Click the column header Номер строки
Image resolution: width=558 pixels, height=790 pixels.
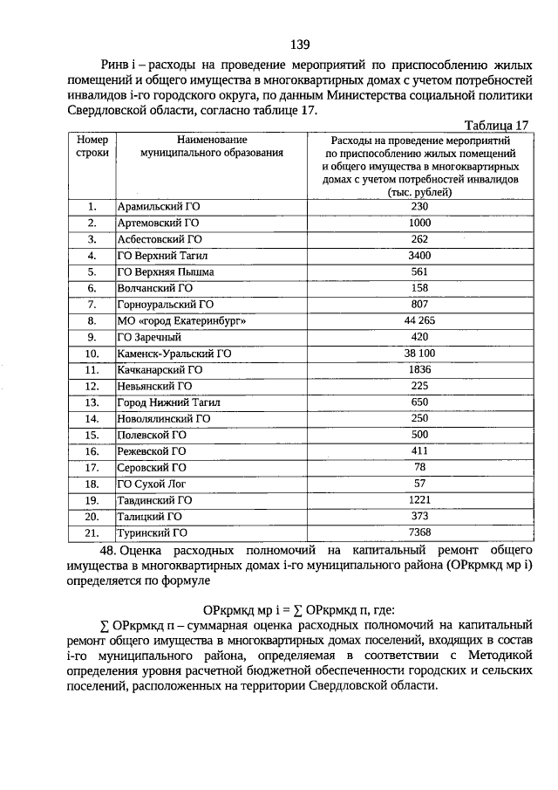tap(92, 146)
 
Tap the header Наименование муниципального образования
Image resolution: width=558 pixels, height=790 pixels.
tap(213, 146)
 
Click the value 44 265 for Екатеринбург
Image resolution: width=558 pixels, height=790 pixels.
tap(420, 321)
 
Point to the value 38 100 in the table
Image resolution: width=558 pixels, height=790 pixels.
tap(420, 354)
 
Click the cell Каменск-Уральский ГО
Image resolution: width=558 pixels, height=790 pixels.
tap(174, 354)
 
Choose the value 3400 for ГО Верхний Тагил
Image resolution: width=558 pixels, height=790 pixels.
tap(420, 256)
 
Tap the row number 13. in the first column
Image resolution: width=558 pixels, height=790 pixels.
tap(92, 402)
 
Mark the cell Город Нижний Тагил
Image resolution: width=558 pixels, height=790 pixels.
tap(169, 402)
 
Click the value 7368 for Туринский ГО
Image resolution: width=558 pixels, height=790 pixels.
tap(420, 532)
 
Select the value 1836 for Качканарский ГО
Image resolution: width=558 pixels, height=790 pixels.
tap(420, 370)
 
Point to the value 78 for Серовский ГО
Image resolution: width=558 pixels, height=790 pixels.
tap(420, 467)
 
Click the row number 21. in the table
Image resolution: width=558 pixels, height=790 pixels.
tap(92, 532)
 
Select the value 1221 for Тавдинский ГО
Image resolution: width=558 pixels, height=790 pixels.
tap(420, 500)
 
